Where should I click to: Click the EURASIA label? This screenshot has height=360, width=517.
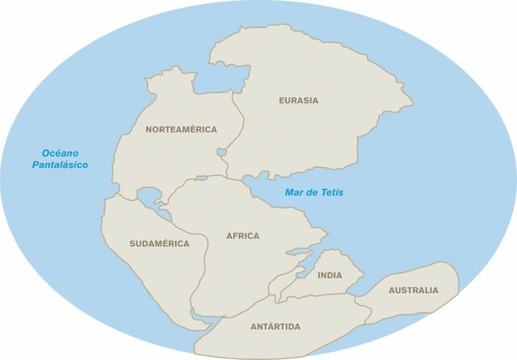(x=298, y=101)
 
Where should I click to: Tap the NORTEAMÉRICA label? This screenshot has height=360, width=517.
(x=181, y=129)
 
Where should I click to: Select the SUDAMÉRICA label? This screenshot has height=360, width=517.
(x=159, y=244)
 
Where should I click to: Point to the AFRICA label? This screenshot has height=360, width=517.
(x=242, y=237)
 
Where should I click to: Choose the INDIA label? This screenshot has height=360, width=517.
(x=330, y=275)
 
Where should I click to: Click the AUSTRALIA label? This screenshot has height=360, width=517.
(x=413, y=291)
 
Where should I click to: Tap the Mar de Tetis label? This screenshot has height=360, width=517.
(x=313, y=192)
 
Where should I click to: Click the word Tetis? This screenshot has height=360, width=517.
(x=330, y=192)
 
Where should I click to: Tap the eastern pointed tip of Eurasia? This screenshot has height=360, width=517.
(x=411, y=103)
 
